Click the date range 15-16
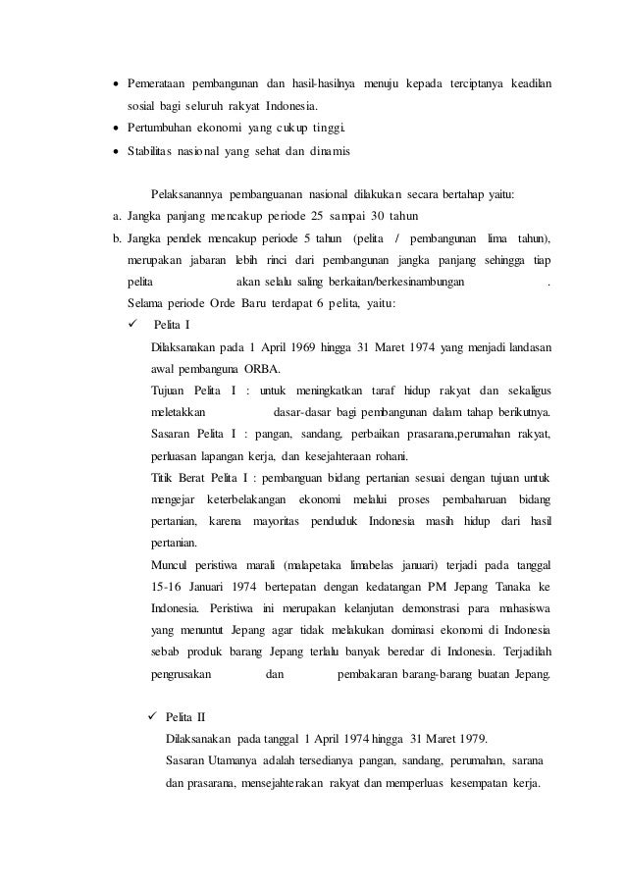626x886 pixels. coord(168,588)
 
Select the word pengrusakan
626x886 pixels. coord(182,674)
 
